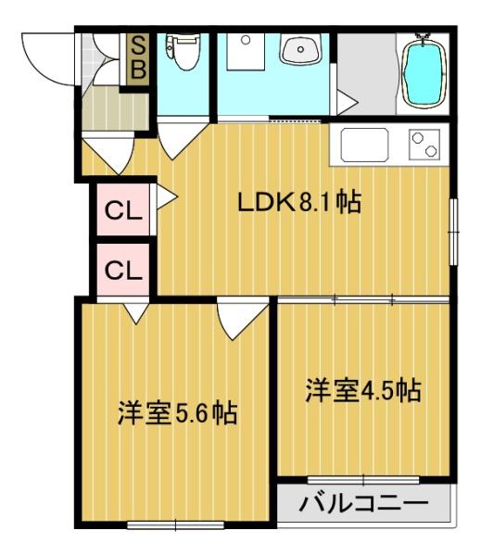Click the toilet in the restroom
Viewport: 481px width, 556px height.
183,51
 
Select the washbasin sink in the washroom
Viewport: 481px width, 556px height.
300,49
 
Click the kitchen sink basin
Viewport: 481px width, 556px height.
364,145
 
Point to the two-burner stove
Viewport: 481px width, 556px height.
424,145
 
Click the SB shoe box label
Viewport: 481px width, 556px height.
138,59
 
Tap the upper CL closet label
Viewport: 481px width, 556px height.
123,211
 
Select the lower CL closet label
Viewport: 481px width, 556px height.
123,271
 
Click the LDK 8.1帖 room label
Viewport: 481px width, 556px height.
299,202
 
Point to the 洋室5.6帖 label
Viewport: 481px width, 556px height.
177,413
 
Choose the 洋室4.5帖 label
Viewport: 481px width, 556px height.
363,390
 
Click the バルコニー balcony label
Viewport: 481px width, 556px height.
363,503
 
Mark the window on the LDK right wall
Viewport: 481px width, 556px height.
454,233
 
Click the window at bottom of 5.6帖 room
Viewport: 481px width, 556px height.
175,525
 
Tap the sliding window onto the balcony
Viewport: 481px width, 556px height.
363,480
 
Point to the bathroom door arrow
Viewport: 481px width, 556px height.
347,103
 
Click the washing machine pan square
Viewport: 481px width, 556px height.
246,52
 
